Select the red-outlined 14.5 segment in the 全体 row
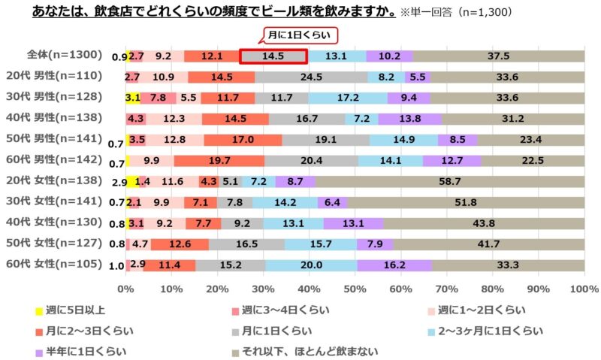[x=273, y=56]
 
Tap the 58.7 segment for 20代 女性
[x=449, y=181]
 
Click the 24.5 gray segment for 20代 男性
[x=312, y=77]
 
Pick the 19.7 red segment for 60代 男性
[x=219, y=160]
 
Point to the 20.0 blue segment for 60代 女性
[x=311, y=265]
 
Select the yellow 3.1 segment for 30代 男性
[x=133, y=98]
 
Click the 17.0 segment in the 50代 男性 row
[x=243, y=139]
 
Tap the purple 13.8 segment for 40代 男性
[x=410, y=119]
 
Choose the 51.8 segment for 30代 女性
[x=466, y=202]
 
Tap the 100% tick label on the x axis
[x=584, y=289]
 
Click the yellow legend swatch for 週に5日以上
[x=38, y=310]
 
